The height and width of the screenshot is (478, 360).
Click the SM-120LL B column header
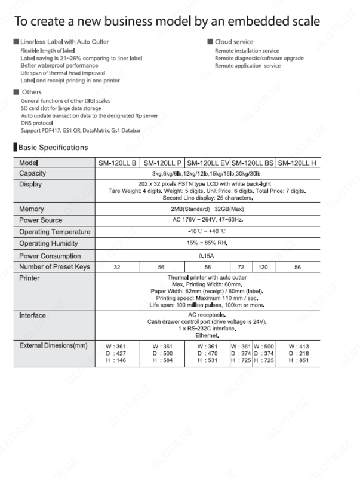pos(118,163)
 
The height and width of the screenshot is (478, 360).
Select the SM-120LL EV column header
pos(207,163)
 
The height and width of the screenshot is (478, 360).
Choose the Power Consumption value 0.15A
pos(208,255)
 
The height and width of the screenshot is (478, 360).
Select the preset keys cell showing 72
pos(241,267)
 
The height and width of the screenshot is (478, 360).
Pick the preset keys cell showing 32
pos(118,267)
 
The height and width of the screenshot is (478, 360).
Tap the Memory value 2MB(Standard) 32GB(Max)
pos(208,209)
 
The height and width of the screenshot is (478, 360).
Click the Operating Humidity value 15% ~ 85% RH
pos(208,244)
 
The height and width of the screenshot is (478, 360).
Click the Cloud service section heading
pos(234,42)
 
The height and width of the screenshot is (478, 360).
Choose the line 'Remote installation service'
pos(247,51)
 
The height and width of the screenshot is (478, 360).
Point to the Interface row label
pos(32,315)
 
